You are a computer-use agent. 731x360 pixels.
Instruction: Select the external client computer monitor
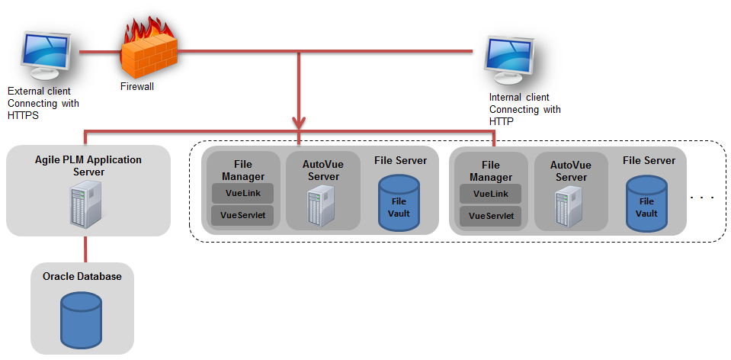click(x=46, y=56)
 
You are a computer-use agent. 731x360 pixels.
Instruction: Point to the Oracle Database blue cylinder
click(x=83, y=317)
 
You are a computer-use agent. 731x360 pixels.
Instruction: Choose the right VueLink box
click(x=491, y=194)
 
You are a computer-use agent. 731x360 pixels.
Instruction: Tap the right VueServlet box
click(x=491, y=216)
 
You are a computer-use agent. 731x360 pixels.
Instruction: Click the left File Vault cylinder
click(x=399, y=202)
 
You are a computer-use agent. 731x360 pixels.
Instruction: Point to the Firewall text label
click(x=137, y=87)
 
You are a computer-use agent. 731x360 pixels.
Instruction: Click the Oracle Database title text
click(x=82, y=276)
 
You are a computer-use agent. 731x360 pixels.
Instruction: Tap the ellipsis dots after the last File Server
click(x=701, y=198)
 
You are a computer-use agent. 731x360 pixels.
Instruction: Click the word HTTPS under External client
click(x=22, y=115)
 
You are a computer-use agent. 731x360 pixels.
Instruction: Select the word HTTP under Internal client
click(x=502, y=121)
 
